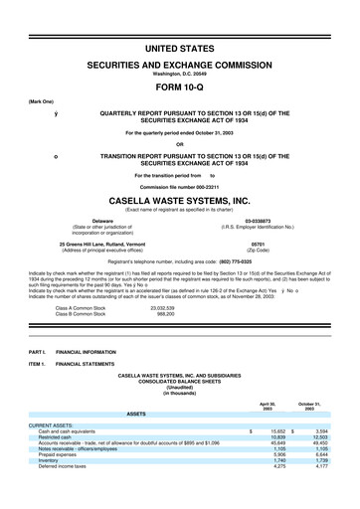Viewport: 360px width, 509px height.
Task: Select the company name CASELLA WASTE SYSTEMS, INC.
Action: (180, 198)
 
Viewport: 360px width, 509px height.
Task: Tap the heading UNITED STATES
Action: (180, 49)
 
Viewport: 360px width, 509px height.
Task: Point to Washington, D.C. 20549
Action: (180, 74)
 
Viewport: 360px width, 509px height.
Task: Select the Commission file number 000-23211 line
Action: (180, 186)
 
